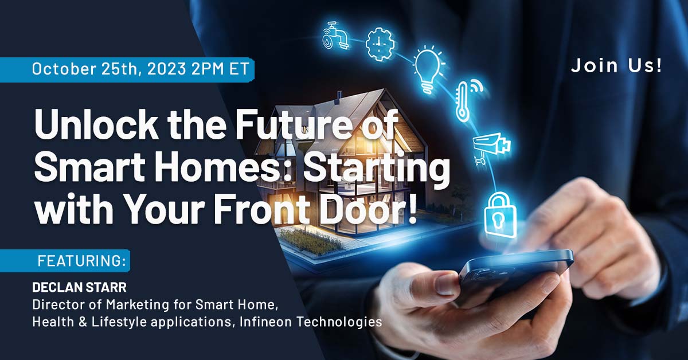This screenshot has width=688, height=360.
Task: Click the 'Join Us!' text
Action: point(616,65)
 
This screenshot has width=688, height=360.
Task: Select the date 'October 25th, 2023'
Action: point(109,69)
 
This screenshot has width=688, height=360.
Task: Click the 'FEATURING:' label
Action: point(81,261)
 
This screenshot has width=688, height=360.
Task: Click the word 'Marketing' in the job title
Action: point(162,304)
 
